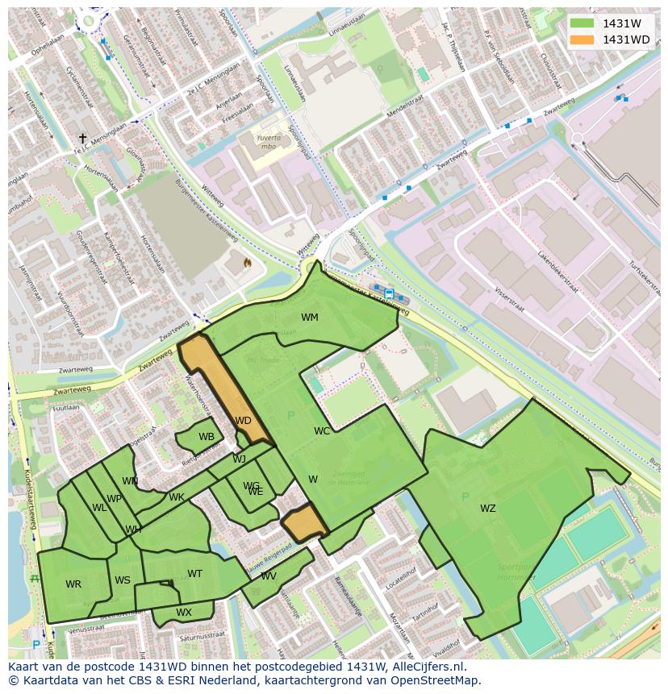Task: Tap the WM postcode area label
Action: (x=310, y=318)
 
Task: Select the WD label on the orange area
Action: (x=243, y=421)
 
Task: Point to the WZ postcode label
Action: (x=488, y=509)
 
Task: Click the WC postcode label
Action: (x=322, y=431)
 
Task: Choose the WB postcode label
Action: (x=207, y=437)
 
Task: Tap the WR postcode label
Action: (x=73, y=584)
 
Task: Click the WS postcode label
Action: (x=123, y=580)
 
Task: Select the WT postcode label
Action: (x=194, y=574)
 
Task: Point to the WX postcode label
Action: (x=184, y=613)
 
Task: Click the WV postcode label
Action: (x=269, y=576)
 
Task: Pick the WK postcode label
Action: (x=177, y=497)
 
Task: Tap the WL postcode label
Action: (x=99, y=508)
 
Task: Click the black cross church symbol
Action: (x=82, y=139)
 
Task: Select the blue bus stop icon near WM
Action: (x=390, y=293)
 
